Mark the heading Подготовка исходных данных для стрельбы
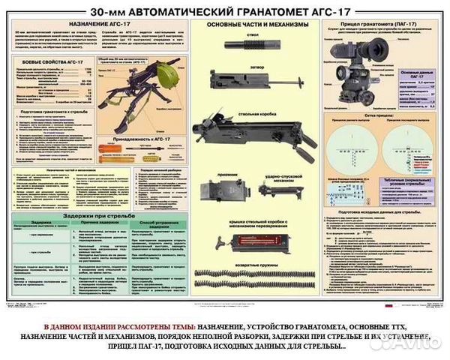coord(381,211)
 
